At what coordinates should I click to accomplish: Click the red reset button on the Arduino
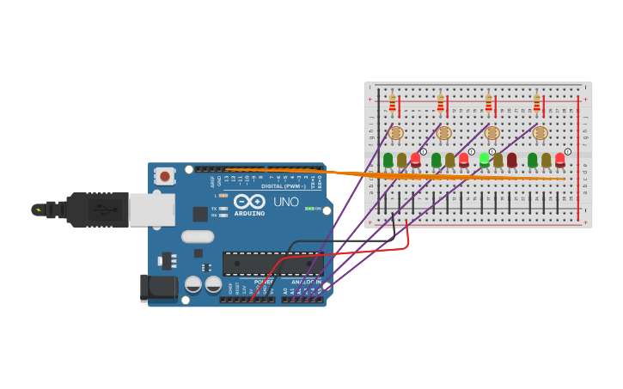tap(164, 176)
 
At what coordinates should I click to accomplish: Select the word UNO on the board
tap(286, 202)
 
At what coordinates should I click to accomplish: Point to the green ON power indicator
tap(308, 209)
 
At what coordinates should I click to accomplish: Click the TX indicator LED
tap(223, 209)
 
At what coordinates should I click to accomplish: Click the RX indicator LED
tap(223, 216)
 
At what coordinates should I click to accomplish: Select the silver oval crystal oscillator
tap(198, 236)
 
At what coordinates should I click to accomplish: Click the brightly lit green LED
tap(485, 159)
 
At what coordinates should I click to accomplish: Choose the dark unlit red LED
tap(512, 160)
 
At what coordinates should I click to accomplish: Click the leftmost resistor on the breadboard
tap(393, 104)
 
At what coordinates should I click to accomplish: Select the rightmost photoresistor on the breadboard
tap(540, 133)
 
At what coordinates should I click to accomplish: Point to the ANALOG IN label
tap(306, 282)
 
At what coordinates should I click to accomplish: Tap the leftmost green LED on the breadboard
tap(388, 160)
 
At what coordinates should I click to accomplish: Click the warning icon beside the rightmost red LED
tap(567, 151)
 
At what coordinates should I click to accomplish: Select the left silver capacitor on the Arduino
tap(193, 283)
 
